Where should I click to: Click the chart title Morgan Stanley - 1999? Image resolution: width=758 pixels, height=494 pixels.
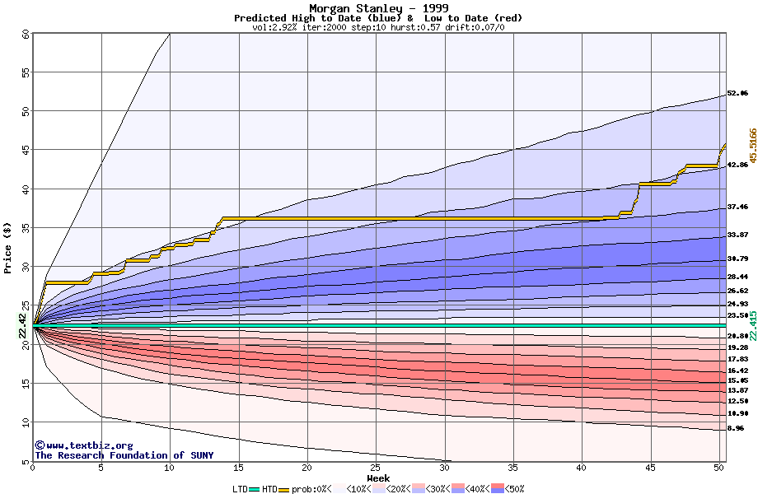[x=378, y=8]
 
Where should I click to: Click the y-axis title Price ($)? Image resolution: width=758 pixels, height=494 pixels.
[x=8, y=248]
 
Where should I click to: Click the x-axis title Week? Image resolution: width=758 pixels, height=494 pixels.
[x=378, y=478]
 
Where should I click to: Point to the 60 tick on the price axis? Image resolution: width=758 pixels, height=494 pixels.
[x=26, y=35]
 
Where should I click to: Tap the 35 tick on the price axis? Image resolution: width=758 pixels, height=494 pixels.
[x=26, y=228]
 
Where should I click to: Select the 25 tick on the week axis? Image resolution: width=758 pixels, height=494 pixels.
[x=376, y=468]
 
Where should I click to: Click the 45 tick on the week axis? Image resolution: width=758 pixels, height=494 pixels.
[x=650, y=468]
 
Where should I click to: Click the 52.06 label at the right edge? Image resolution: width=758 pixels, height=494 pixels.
[x=737, y=94]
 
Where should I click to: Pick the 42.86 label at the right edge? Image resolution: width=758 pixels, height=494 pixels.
[x=737, y=165]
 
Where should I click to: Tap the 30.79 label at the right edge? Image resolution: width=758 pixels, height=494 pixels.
[x=737, y=259]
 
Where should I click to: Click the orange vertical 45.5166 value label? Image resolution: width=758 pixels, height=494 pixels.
[x=752, y=145]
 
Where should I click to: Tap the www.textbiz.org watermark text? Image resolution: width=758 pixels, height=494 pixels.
[x=77, y=445]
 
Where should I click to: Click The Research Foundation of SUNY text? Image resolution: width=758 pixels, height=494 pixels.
[x=124, y=455]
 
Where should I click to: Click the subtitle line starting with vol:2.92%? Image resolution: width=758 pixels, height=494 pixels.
[x=378, y=27]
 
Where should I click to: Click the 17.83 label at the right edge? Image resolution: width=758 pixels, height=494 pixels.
[x=737, y=360]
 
